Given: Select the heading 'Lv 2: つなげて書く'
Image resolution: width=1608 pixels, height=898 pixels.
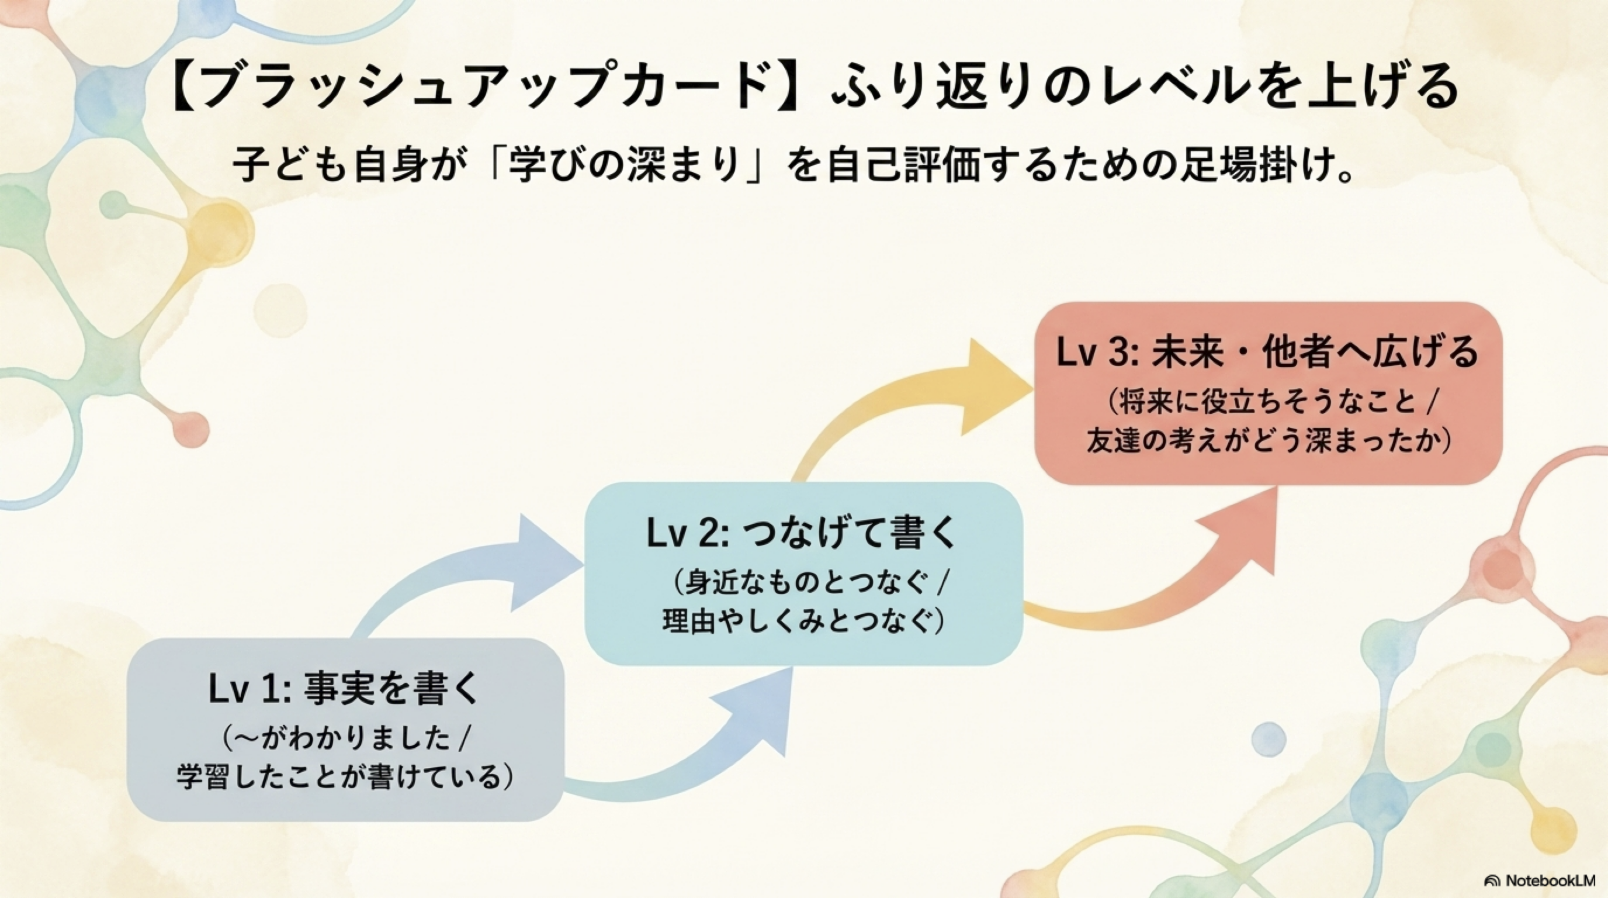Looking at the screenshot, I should [802, 534].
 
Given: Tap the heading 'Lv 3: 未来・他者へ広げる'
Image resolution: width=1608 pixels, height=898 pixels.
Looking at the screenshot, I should [1268, 352].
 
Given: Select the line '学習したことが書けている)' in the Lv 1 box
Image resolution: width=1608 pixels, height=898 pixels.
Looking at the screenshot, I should [345, 777].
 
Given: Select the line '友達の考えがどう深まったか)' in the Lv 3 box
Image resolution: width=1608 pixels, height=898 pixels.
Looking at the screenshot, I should [1268, 441].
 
